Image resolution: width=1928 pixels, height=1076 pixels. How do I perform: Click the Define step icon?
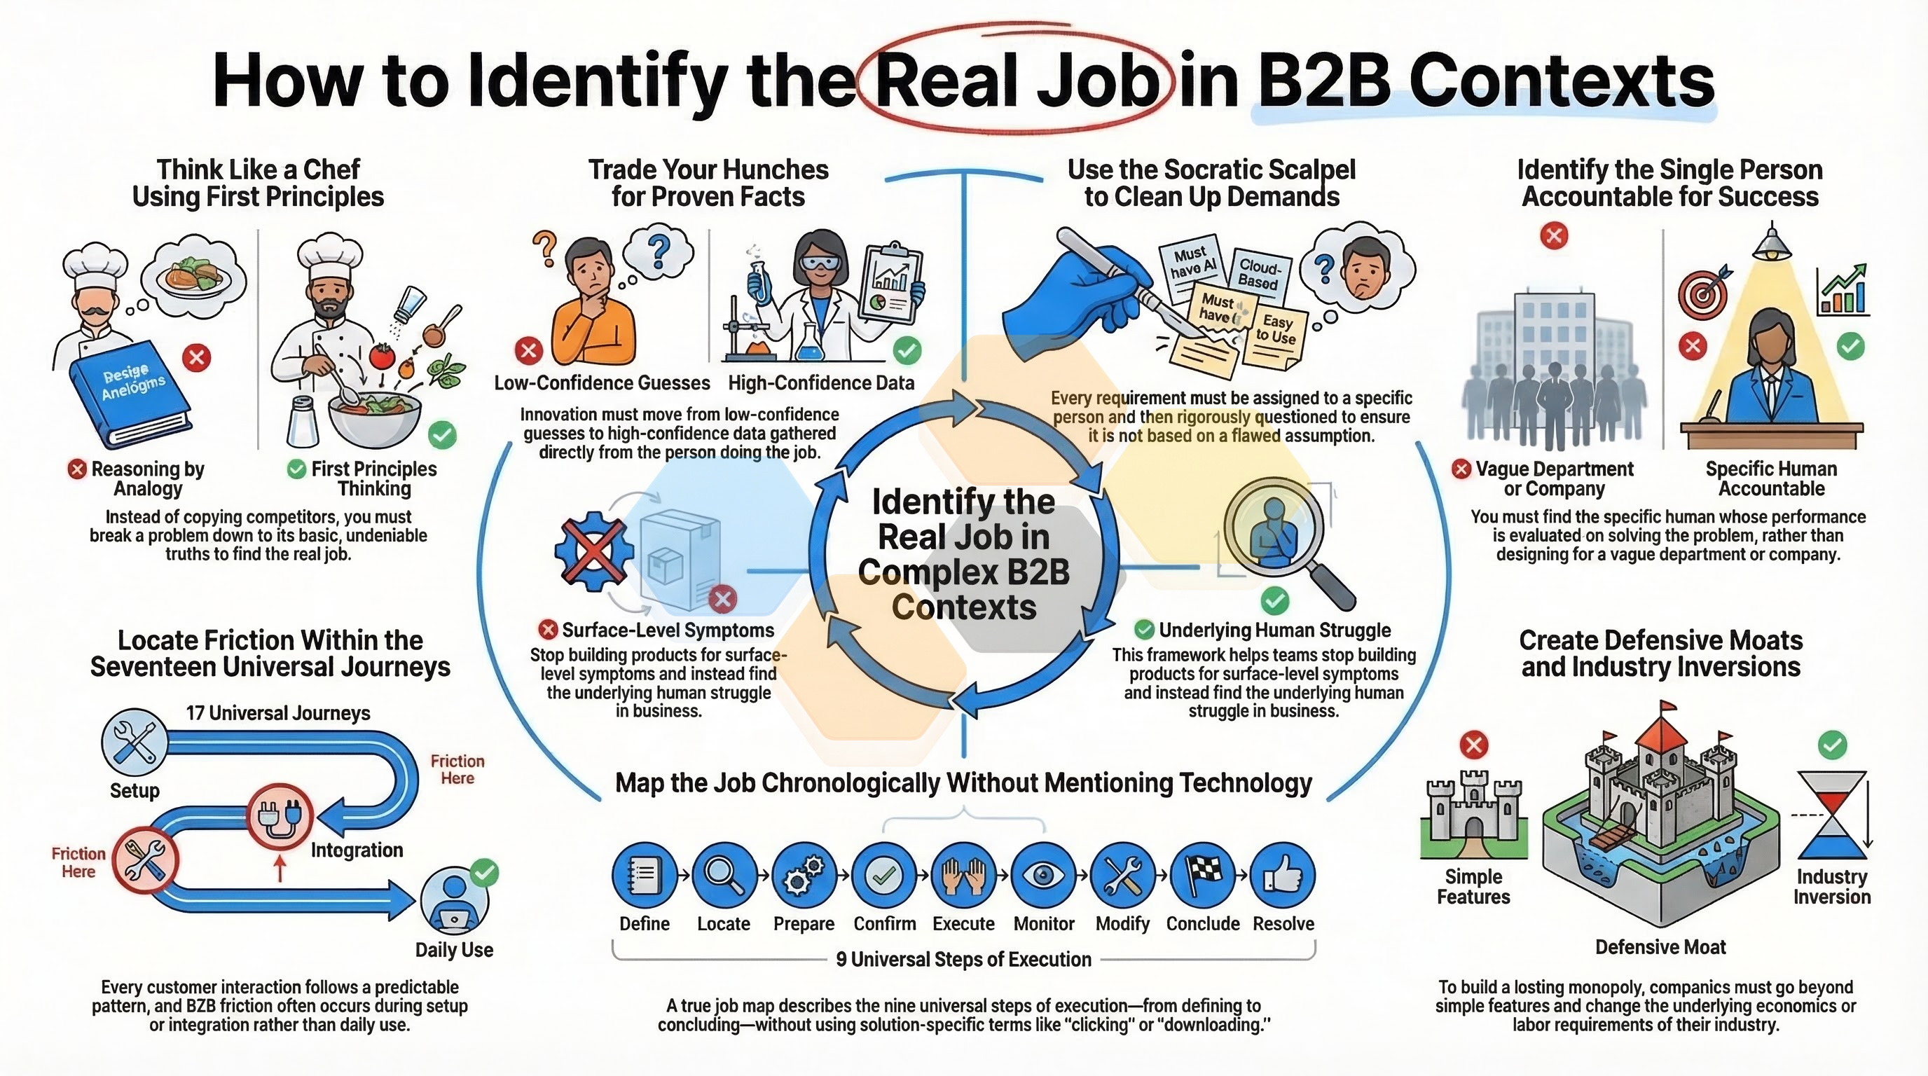pos(645,874)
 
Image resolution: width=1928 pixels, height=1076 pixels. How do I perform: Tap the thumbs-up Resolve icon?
pos(1283,874)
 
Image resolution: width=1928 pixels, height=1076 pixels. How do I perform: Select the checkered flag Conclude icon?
pos(1203,874)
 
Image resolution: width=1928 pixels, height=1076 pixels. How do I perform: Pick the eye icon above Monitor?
pos(1043,874)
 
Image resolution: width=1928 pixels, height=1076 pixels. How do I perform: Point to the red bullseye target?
pos(1702,293)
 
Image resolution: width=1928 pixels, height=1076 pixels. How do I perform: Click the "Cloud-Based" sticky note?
pos(1260,273)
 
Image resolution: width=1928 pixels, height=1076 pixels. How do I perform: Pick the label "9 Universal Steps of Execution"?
pos(963,959)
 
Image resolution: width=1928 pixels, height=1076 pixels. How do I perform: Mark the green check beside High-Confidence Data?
pos(908,350)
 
